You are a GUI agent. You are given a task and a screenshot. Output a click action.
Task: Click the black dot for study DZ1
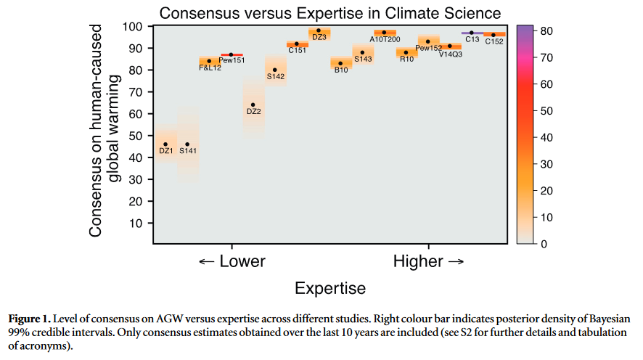[x=165, y=144]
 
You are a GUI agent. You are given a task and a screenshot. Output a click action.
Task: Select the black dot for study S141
[x=188, y=144]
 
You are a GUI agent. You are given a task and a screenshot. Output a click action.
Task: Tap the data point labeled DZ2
[x=253, y=105]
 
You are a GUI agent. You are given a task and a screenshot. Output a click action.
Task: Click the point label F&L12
[x=210, y=67]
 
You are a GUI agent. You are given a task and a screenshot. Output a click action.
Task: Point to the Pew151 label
[x=232, y=61]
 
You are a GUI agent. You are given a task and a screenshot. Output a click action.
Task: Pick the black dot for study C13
[x=472, y=33]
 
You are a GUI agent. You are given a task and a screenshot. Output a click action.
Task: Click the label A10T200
[x=385, y=39]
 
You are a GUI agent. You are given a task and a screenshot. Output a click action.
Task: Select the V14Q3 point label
[x=451, y=54]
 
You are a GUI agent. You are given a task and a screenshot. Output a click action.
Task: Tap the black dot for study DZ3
[x=319, y=30]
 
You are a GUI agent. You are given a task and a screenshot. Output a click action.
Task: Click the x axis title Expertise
[x=330, y=288]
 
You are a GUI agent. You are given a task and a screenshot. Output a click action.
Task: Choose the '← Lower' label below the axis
[x=232, y=261]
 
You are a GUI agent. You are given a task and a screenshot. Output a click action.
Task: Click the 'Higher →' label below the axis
[x=428, y=261]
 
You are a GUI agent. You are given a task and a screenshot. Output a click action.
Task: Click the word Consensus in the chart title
[x=195, y=12]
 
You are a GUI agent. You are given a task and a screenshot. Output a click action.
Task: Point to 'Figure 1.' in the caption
[x=28, y=319]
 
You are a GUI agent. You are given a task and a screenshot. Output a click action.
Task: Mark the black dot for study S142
[x=275, y=70]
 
